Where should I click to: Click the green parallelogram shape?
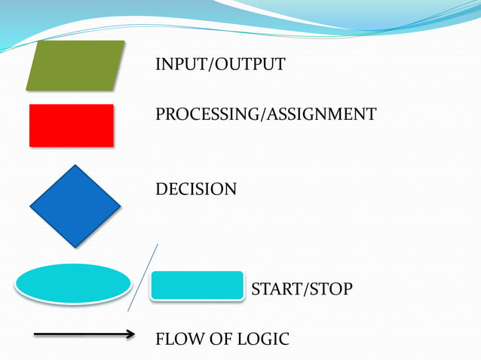pyautogui.click(x=75, y=66)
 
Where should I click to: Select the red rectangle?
pyautogui.click(x=72, y=125)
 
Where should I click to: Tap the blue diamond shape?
pyautogui.click(x=75, y=206)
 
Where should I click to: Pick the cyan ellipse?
pyautogui.click(x=74, y=283)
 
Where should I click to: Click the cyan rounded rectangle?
pyautogui.click(x=198, y=285)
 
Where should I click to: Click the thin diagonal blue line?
pyautogui.click(x=143, y=277)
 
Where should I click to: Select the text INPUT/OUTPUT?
pyautogui.click(x=220, y=65)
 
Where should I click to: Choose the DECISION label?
pyautogui.click(x=195, y=189)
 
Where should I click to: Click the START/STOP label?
pyautogui.click(x=301, y=289)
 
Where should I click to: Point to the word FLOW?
pyautogui.click(x=175, y=340)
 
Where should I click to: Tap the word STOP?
pyautogui.click(x=329, y=289)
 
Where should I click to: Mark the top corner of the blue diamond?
pyautogui.click(x=75, y=166)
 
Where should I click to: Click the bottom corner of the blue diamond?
pyautogui.click(x=75, y=246)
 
